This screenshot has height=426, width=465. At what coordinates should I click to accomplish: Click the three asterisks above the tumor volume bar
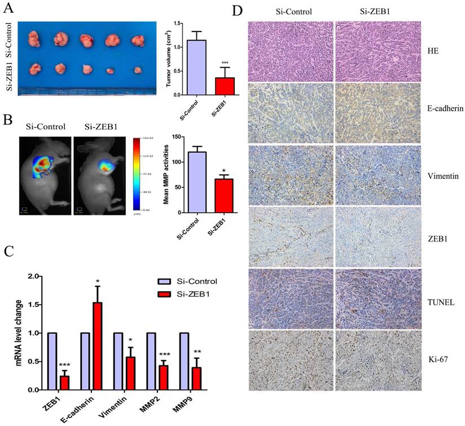tap(209, 62)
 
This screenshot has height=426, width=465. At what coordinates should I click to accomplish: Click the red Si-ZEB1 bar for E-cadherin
tap(97, 346)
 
